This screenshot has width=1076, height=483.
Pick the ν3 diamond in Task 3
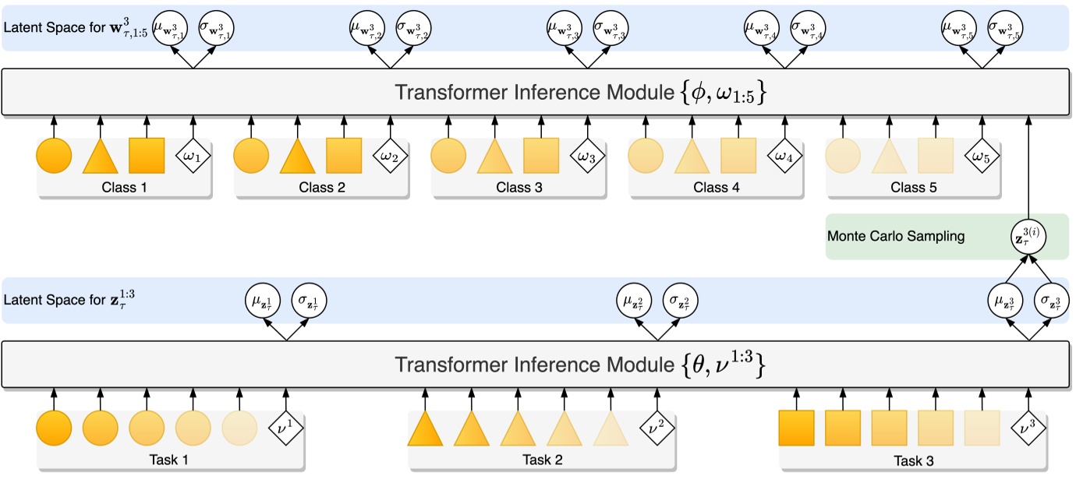[1030, 428]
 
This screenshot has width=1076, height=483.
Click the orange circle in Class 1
[54, 156]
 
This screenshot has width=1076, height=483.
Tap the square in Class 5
[936, 156]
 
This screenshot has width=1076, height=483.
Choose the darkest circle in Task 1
[54, 428]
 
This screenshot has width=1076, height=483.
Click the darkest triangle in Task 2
[425, 429]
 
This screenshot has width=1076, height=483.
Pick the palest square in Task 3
[982, 428]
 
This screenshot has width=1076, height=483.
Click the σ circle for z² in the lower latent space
[681, 300]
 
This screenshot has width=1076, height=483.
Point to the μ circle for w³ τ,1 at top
[170, 28]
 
